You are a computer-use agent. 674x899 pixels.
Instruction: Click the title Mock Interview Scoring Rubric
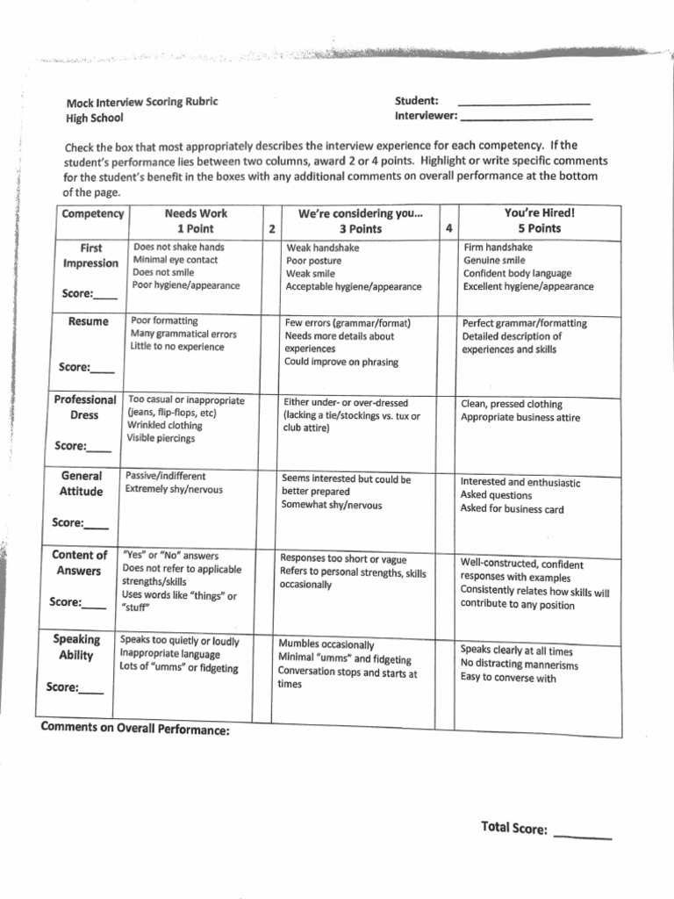click(x=141, y=102)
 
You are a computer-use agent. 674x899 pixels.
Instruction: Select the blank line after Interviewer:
click(x=527, y=118)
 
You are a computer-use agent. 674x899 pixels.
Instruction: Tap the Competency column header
click(x=92, y=214)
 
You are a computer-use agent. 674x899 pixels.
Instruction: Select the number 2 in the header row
click(x=272, y=228)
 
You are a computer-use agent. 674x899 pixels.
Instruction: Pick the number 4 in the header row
click(x=449, y=228)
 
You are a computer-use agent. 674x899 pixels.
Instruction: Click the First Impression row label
click(x=91, y=255)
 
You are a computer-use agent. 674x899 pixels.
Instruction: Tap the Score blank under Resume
click(x=102, y=369)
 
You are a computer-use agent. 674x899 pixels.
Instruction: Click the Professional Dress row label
click(x=85, y=407)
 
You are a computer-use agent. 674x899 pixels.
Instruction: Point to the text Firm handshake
click(x=498, y=248)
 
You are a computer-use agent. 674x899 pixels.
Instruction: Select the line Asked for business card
click(x=512, y=509)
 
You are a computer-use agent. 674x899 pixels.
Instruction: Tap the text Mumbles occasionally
click(x=326, y=644)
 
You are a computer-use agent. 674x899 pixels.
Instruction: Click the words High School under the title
click(x=95, y=118)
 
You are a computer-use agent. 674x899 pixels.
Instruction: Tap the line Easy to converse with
click(x=508, y=678)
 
